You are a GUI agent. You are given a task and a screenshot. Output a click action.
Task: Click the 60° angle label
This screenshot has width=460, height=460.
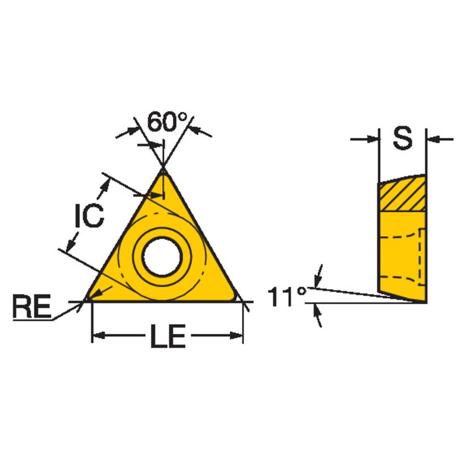point(166,123)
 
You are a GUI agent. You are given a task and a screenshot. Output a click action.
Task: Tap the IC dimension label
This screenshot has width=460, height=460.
point(88,216)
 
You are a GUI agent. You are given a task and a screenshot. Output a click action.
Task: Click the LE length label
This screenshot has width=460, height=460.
point(167,337)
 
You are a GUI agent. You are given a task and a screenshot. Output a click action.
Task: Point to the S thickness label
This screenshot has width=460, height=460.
point(402,139)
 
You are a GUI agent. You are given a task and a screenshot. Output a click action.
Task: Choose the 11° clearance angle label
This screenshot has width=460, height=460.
point(287,297)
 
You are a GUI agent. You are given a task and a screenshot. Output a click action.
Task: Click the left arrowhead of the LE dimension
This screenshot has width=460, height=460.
point(97,337)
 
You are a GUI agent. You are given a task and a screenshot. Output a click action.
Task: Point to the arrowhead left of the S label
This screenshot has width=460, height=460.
point(372,140)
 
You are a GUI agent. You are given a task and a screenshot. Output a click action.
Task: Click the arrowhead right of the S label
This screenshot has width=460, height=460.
point(434,140)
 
